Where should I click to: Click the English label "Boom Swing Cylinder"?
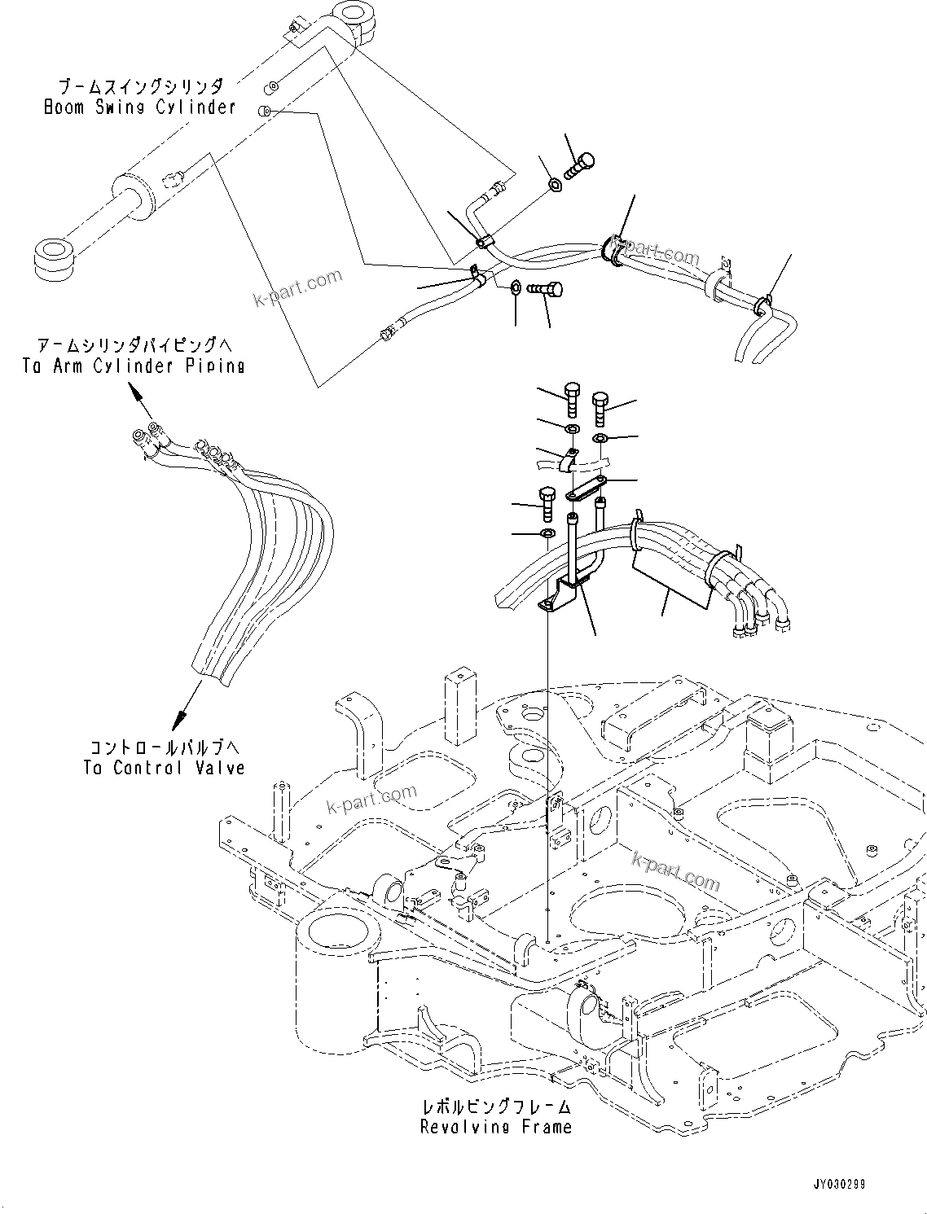click(x=139, y=107)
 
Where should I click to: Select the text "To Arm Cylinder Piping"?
click(x=134, y=366)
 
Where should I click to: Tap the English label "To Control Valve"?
click(x=163, y=768)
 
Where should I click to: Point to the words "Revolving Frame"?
click(x=495, y=1127)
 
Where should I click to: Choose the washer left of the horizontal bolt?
click(x=516, y=287)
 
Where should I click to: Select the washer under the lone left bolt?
click(x=547, y=533)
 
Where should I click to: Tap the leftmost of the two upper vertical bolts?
click(x=571, y=399)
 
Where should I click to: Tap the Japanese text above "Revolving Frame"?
click(x=495, y=1107)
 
